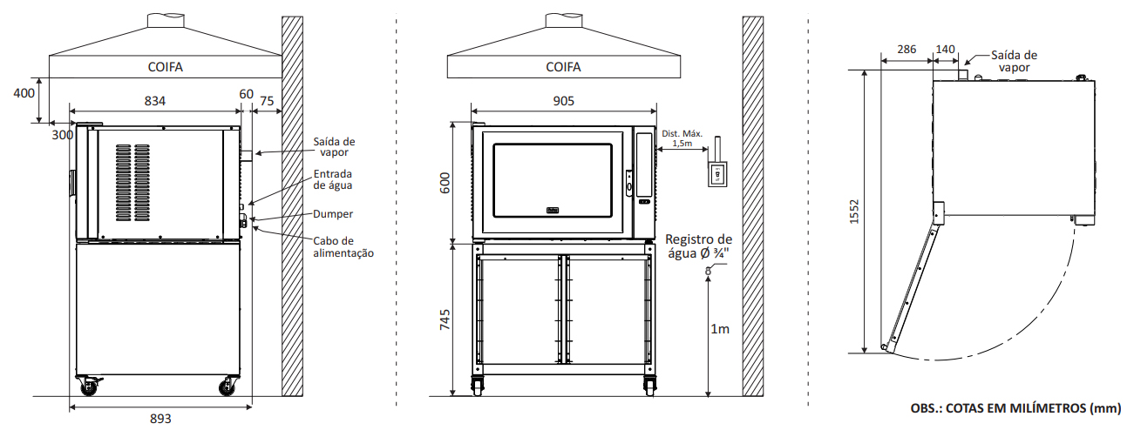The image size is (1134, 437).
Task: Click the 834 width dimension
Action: point(154,101)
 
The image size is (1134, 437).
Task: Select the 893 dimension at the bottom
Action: point(160,419)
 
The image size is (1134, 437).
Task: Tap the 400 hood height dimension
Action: point(24,92)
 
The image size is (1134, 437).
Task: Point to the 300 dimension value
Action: point(62,135)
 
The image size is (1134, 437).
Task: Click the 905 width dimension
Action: point(563,101)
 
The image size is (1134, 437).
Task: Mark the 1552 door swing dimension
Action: point(854,214)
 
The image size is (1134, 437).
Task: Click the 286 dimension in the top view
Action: point(907,50)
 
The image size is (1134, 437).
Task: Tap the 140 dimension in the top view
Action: point(946,50)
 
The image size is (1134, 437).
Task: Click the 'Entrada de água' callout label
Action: point(333,179)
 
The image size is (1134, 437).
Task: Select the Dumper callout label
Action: point(333,213)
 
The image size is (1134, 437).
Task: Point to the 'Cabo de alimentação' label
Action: point(343,247)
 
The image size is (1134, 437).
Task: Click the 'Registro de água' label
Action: point(698,246)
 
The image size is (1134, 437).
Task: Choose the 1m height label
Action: point(720,329)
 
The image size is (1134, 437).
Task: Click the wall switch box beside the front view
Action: point(717,173)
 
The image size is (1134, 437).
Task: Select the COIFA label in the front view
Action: point(563,67)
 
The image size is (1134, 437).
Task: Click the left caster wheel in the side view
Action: point(89,387)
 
